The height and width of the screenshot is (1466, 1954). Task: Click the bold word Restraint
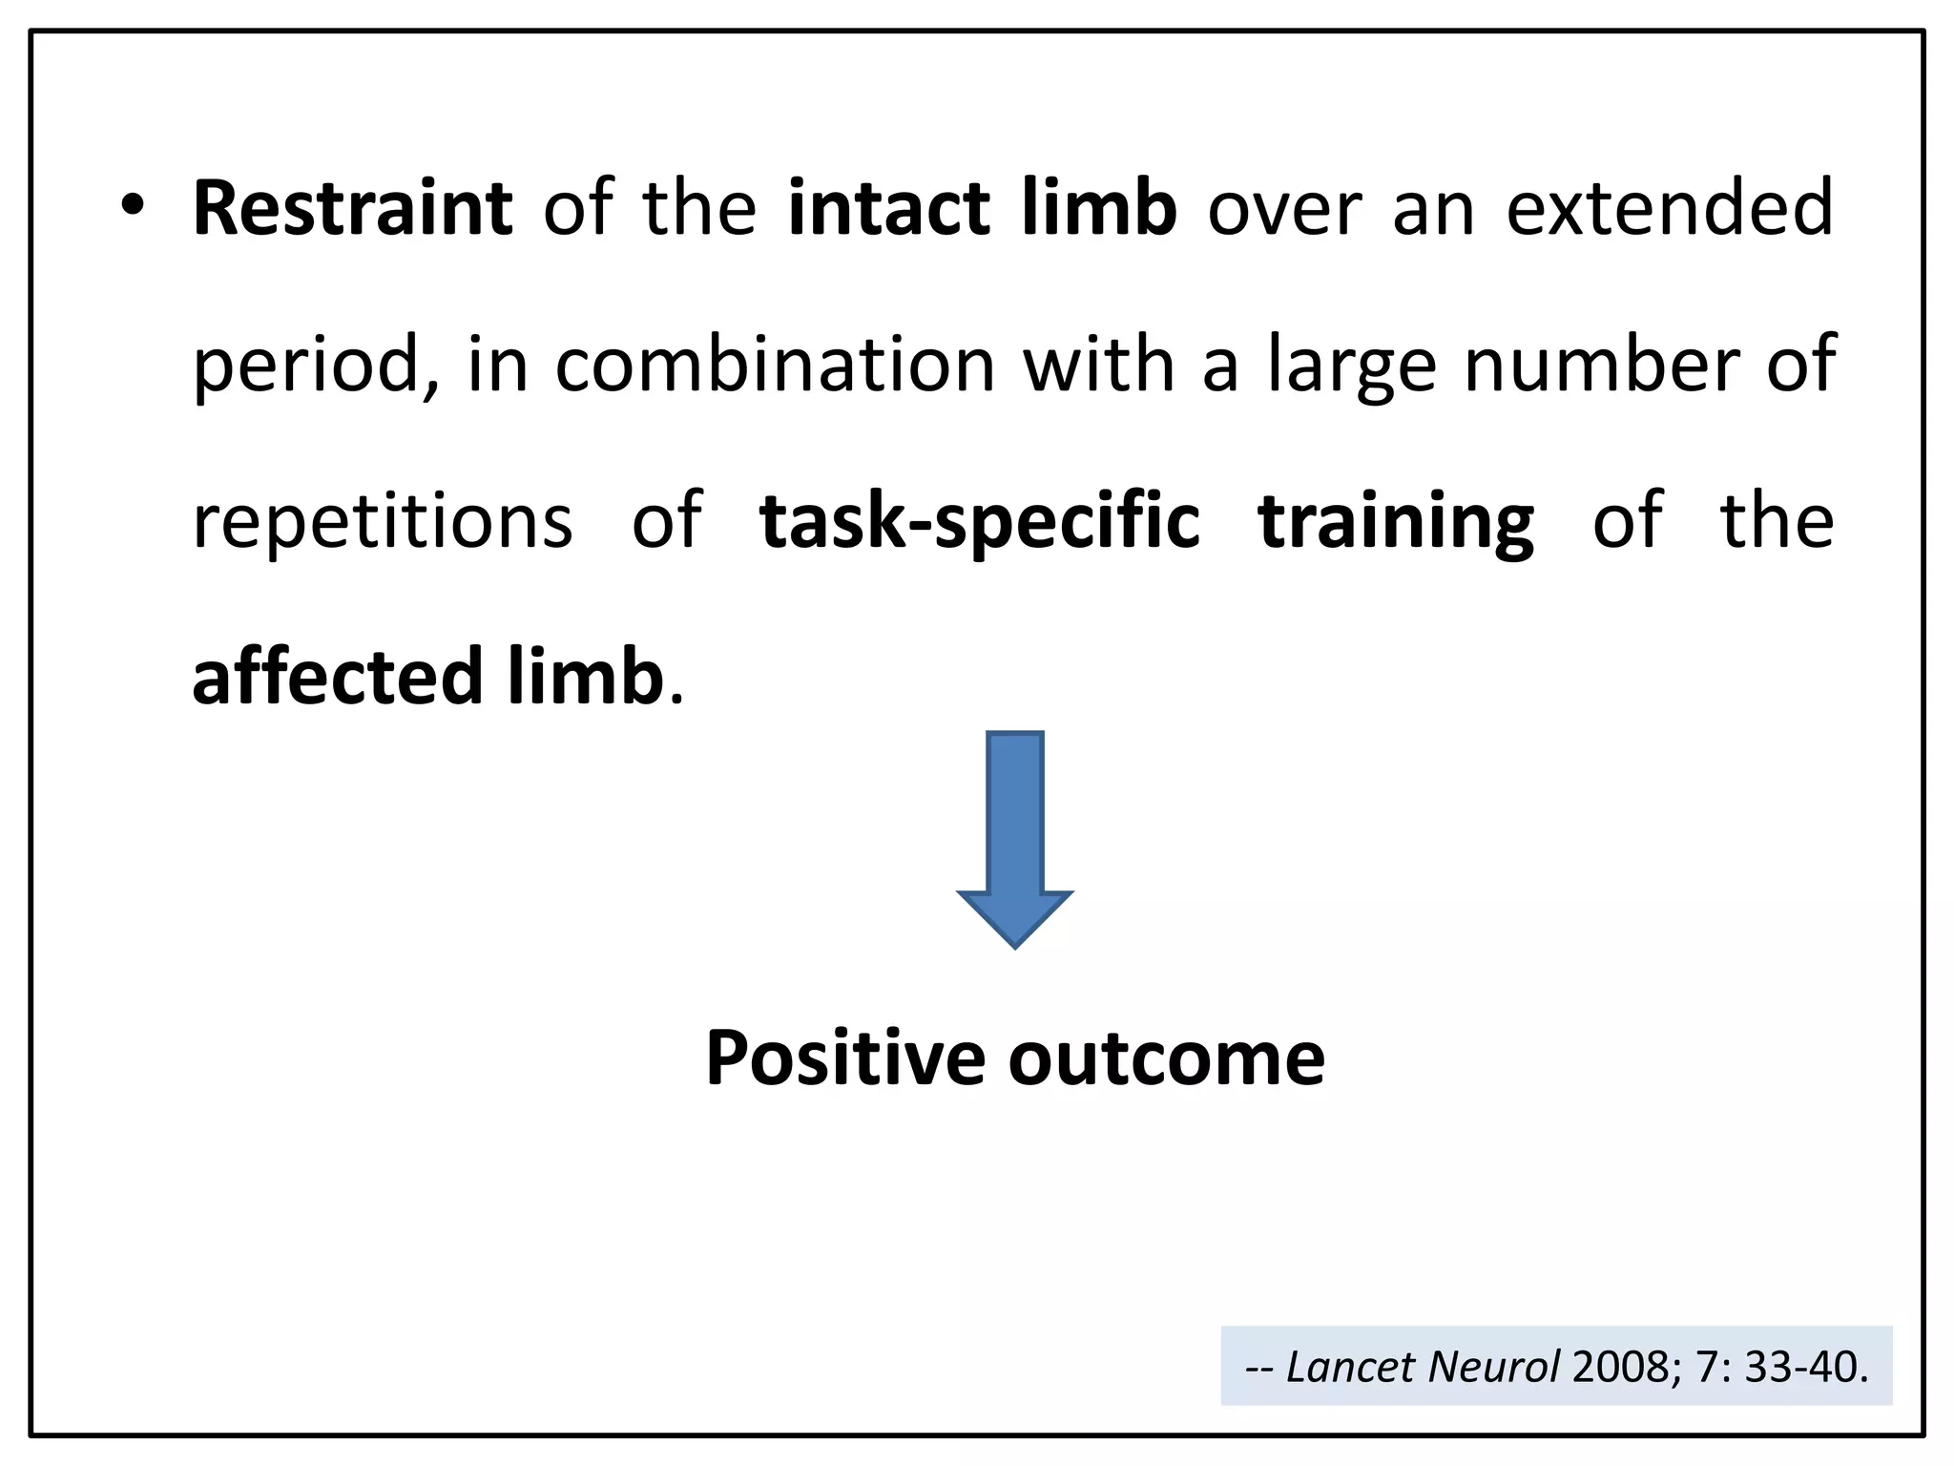pos(352,208)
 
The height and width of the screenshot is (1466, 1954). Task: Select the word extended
pos(1670,208)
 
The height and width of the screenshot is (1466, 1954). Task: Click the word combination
pos(775,365)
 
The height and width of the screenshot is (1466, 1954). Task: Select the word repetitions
pos(383,523)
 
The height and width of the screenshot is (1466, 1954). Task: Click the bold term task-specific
pos(979,523)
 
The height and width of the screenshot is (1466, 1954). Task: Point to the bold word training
pos(1396,523)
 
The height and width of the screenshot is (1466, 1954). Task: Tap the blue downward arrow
pos(1014,839)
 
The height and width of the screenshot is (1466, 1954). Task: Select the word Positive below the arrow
pos(845,1058)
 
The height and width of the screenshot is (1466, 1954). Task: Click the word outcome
pos(1167,1058)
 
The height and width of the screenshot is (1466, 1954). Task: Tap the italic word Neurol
pos(1494,1367)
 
